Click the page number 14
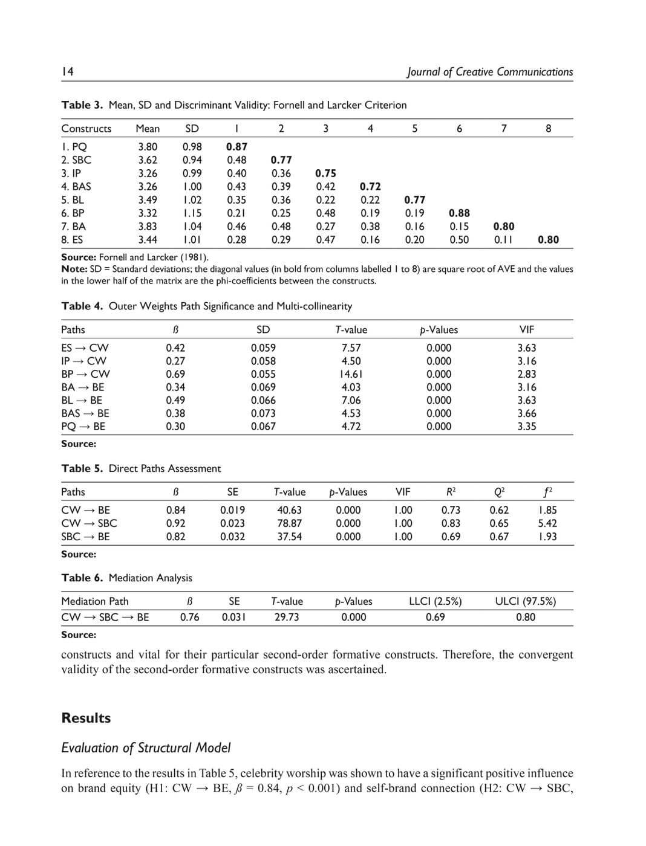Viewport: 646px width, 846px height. click(x=67, y=72)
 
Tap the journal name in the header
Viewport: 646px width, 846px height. click(x=490, y=72)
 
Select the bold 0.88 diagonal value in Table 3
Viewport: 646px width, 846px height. click(x=459, y=213)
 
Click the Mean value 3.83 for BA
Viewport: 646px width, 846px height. click(x=148, y=226)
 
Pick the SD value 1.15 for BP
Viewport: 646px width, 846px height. click(x=192, y=213)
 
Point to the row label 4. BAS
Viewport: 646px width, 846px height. click(x=76, y=186)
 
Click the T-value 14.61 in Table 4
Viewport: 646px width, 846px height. click(x=351, y=374)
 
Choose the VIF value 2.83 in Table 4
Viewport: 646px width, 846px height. click(x=526, y=374)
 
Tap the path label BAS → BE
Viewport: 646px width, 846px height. click(x=85, y=413)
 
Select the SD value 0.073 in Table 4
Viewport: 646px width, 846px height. click(x=263, y=413)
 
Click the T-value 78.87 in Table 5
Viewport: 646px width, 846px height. click(x=289, y=523)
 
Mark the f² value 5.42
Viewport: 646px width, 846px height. click(x=547, y=523)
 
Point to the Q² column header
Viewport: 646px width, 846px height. click(x=499, y=492)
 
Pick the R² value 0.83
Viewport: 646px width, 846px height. click(x=451, y=523)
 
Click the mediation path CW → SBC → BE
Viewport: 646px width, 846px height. click(x=105, y=617)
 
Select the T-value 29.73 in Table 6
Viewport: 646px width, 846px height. click(x=287, y=617)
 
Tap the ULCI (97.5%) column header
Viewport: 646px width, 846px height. click(x=525, y=601)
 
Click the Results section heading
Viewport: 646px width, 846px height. click(x=86, y=718)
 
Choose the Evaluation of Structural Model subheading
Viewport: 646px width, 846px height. click(x=146, y=748)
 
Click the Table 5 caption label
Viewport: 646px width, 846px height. click(x=82, y=468)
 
